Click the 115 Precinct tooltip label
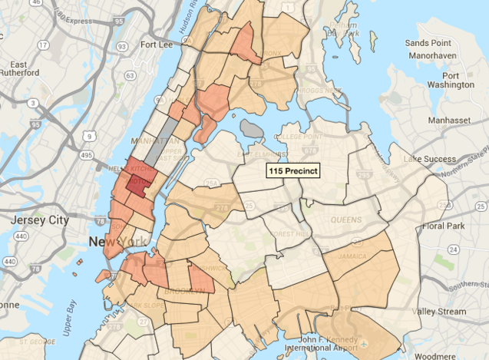pyautogui.click(x=292, y=171)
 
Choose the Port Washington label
pyautogui.click(x=451, y=80)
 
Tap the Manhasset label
pyautogui.click(x=450, y=121)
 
